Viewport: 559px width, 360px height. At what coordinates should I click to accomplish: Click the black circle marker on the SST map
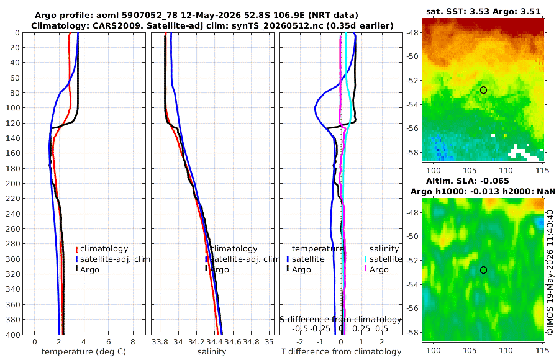pyautogui.click(x=483, y=90)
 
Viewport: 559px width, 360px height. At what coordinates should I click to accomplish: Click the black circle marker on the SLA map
pyautogui.click(x=483, y=270)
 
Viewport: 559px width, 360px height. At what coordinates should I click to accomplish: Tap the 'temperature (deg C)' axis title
pyautogui.click(x=84, y=352)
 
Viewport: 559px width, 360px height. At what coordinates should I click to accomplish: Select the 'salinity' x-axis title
pyautogui.click(x=212, y=352)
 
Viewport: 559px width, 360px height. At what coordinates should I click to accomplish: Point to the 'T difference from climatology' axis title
pyautogui.click(x=341, y=352)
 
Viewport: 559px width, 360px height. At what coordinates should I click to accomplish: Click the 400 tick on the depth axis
pyautogui.click(x=13, y=335)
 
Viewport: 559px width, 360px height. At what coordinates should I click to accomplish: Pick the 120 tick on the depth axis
pyautogui.click(x=13, y=124)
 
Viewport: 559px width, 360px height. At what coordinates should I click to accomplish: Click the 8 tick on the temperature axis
pyautogui.click(x=133, y=342)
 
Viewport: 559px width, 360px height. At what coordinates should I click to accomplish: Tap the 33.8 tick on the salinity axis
pyautogui.click(x=160, y=342)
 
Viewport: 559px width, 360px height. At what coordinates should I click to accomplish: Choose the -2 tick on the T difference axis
pyautogui.click(x=300, y=342)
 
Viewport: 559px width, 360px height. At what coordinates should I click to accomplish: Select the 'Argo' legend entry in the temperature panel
pyautogui.click(x=87, y=270)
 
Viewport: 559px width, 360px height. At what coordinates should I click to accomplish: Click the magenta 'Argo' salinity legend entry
pyautogui.click(x=376, y=270)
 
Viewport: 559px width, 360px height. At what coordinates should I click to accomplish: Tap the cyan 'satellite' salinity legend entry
pyautogui.click(x=383, y=259)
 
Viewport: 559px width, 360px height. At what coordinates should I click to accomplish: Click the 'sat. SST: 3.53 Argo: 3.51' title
pyautogui.click(x=483, y=11)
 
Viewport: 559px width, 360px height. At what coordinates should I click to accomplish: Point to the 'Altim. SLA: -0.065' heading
pyautogui.click(x=467, y=181)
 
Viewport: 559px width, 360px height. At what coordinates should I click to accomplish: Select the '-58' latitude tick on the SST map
pyautogui.click(x=412, y=152)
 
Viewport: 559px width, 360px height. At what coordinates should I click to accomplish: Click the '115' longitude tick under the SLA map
pyautogui.click(x=542, y=350)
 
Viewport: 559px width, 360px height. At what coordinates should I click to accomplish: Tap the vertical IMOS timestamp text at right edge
pyautogui.click(x=550, y=272)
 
